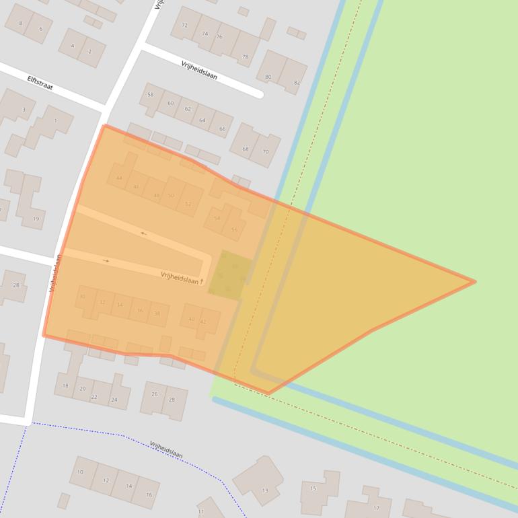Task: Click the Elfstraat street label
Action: pyautogui.click(x=40, y=83)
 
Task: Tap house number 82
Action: pyautogui.click(x=297, y=83)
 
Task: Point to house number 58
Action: pyautogui.click(x=151, y=95)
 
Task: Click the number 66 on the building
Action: pyautogui.click(x=221, y=128)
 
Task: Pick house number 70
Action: pyautogui.click(x=265, y=152)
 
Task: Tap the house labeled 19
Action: pyautogui.click(x=36, y=219)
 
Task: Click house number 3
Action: pyautogui.click(x=24, y=110)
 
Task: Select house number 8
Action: pyautogui.click(x=20, y=24)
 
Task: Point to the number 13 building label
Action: pyautogui.click(x=265, y=491)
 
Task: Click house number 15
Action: pyautogui.click(x=313, y=488)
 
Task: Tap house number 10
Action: pyautogui.click(x=80, y=472)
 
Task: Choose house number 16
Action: pyautogui.click(x=149, y=494)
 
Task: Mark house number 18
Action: pyautogui.click(x=65, y=385)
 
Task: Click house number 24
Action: pyautogui.click(x=114, y=400)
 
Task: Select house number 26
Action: pyautogui.click(x=155, y=394)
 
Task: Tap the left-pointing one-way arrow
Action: pyautogui.click(x=143, y=233)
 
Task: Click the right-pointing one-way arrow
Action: pyautogui.click(x=106, y=261)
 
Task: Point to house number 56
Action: pyautogui.click(x=234, y=229)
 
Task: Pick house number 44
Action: pyautogui.click(x=119, y=178)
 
